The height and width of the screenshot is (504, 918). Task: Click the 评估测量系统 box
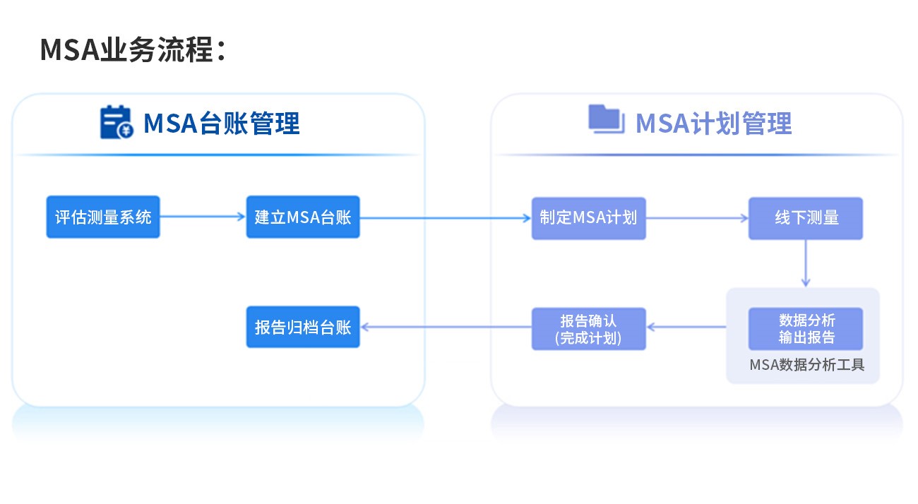pos(103,217)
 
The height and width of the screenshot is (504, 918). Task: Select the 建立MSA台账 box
pos(303,217)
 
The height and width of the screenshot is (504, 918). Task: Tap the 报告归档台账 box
pos(303,327)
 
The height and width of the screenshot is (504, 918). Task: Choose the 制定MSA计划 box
pos(588,217)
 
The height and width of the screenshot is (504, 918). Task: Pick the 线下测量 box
pos(806,217)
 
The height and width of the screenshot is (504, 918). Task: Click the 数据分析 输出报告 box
pos(806,328)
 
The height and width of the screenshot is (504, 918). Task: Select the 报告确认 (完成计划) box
pos(588,328)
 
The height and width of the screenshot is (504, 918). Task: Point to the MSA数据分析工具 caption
pos(806,365)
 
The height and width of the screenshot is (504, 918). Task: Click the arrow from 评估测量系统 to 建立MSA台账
pos(203,217)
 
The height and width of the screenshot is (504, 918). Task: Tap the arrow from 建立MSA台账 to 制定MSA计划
pos(446,217)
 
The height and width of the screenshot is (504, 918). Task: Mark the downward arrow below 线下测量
pos(806,263)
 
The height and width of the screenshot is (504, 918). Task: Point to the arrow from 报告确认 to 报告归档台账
pos(446,326)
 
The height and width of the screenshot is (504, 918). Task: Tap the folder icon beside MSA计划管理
pos(604,119)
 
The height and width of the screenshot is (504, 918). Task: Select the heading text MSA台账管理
pos(222,124)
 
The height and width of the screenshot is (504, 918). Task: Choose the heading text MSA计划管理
pos(713,124)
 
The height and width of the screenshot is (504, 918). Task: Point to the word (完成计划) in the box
pos(588,338)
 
